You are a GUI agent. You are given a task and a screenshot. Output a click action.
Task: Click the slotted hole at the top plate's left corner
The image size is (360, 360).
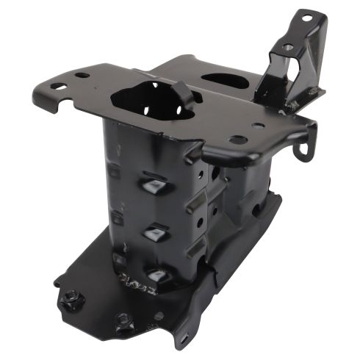click(57, 86)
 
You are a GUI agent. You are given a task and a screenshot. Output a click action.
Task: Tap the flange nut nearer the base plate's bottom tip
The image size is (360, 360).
click(124, 320)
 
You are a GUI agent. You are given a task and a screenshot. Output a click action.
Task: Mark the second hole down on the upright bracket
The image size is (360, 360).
click(288, 47)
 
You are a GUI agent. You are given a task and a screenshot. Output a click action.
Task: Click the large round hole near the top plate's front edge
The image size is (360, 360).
click(237, 140)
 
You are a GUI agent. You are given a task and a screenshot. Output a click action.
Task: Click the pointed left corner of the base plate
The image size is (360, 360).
click(57, 281)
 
